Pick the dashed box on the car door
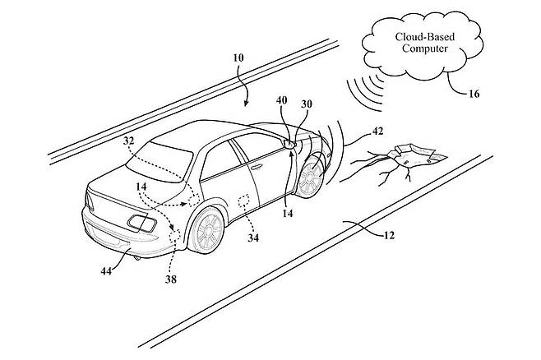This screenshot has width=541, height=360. click(243, 201)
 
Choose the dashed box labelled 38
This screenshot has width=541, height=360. click(175, 236)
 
